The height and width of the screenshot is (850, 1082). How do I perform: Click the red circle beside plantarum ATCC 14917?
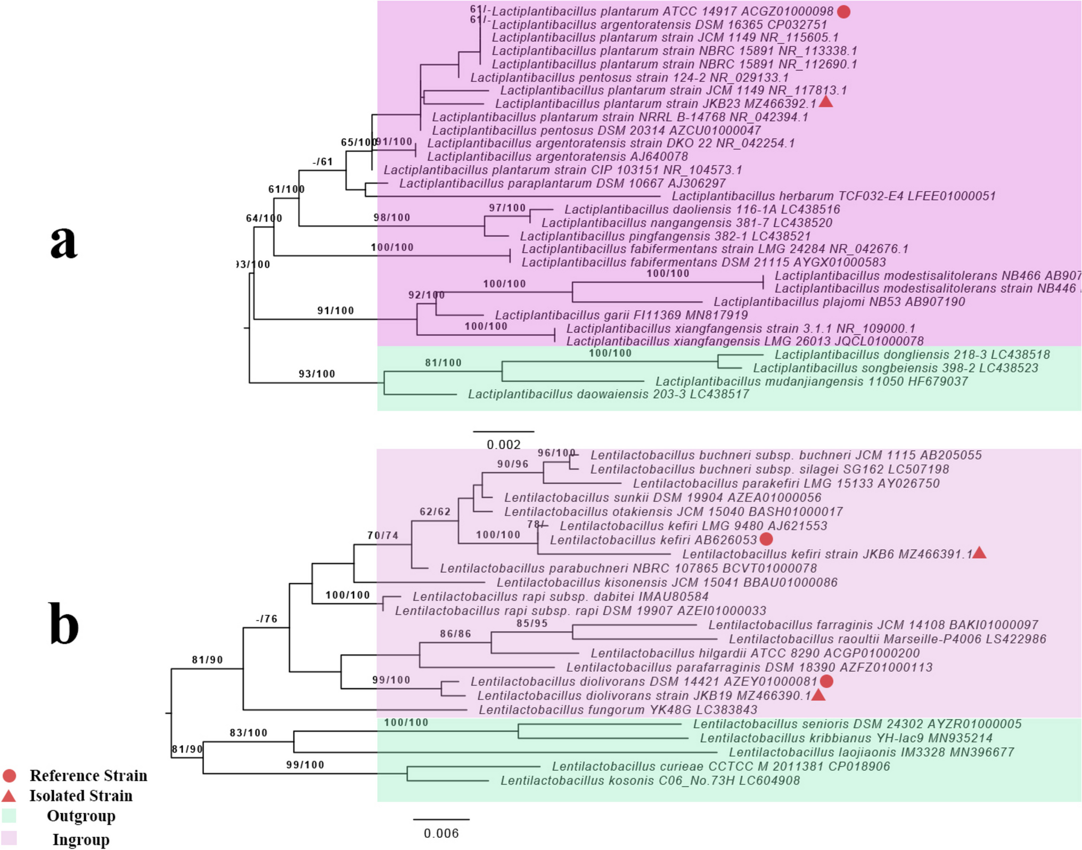(x=843, y=12)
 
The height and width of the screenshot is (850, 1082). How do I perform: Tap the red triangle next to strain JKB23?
(x=825, y=102)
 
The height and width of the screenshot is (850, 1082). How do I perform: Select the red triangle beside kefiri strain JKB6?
(x=979, y=554)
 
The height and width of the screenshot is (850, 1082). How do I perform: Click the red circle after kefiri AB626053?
(x=766, y=539)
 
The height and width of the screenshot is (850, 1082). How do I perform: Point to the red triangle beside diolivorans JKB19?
(x=818, y=695)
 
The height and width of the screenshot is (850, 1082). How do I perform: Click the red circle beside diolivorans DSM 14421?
(x=826, y=681)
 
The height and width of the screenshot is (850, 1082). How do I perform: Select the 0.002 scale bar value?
(x=503, y=444)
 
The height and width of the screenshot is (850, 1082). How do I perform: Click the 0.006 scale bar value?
(x=441, y=833)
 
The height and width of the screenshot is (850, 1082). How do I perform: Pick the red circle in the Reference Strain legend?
(x=9, y=775)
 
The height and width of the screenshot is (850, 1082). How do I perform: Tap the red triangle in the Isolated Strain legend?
(x=9, y=796)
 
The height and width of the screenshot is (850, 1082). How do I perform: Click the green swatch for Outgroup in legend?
(x=9, y=815)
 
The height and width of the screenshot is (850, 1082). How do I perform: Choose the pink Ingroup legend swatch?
(x=9, y=838)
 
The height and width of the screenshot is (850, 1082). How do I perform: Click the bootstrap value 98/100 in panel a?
(x=391, y=218)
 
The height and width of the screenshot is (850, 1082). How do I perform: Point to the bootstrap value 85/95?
(x=531, y=623)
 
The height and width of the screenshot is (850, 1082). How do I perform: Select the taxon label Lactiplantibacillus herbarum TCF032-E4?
(x=833, y=196)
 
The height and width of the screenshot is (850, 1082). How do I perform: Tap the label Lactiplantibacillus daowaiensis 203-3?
(x=608, y=394)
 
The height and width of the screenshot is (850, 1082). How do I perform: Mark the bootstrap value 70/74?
(x=382, y=535)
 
